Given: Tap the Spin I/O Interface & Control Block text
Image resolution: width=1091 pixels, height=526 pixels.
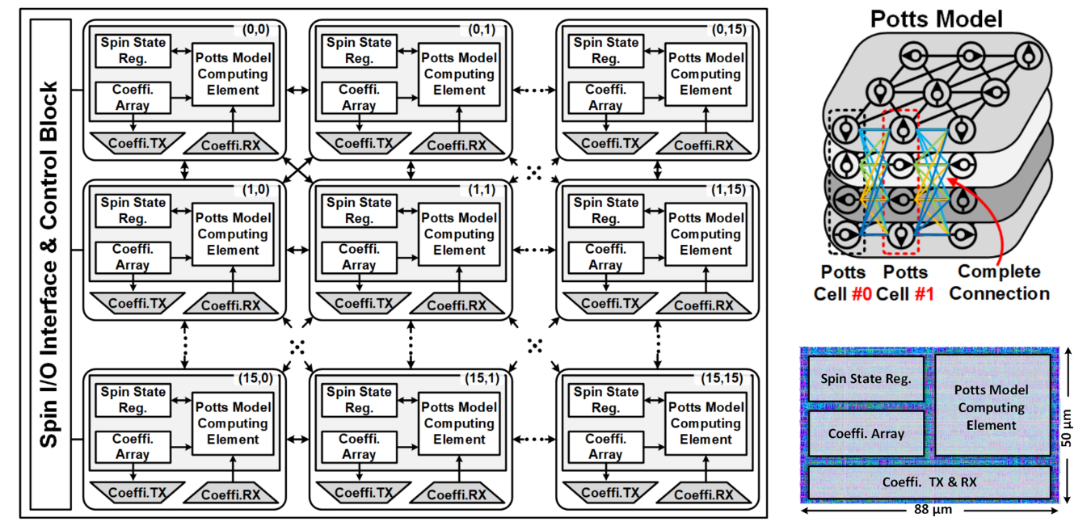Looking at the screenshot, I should [x=49, y=264].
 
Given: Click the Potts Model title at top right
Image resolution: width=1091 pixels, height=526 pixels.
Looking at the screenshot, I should [x=936, y=19].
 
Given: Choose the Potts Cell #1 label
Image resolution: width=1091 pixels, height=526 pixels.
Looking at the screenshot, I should [x=906, y=283].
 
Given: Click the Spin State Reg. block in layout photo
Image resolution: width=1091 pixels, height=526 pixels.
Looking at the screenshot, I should [x=866, y=378].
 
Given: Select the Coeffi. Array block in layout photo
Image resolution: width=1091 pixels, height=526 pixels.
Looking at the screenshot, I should [x=866, y=433].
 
